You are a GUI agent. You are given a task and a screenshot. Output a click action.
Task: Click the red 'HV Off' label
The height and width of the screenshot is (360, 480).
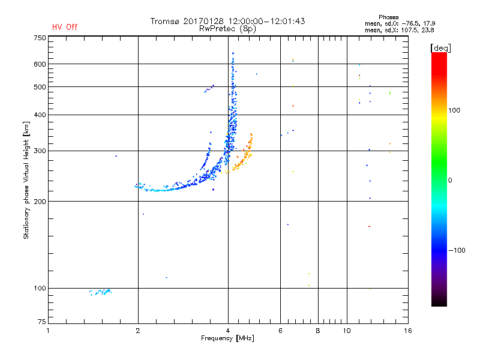point(64,27)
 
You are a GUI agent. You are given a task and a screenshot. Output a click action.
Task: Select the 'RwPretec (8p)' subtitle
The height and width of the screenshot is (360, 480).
point(229,28)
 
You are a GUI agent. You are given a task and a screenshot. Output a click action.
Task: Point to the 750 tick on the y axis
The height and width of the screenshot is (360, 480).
point(39,38)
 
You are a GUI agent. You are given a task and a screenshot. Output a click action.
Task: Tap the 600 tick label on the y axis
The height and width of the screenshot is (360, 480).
point(39,64)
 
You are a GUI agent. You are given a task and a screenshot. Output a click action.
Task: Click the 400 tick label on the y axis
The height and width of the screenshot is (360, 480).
point(39,115)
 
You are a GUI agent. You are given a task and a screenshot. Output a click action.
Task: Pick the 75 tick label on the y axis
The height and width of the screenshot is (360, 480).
point(41,324)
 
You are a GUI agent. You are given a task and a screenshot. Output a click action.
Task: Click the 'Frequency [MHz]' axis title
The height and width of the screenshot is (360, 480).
point(227,339)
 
